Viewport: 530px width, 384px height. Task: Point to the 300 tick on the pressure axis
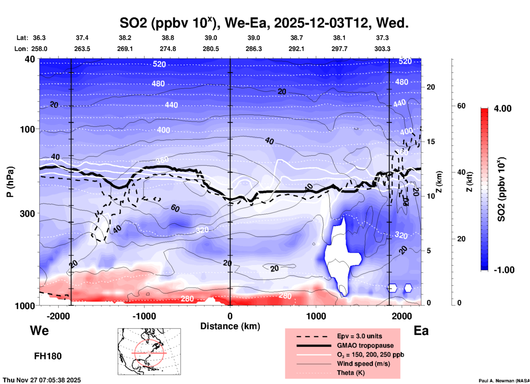pyautogui.click(x=27, y=213)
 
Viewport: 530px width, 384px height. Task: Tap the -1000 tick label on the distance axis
pyautogui.click(x=144, y=316)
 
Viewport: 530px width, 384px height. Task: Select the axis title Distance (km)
pyautogui.click(x=230, y=326)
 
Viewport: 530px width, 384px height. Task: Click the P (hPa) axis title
pyautogui.click(x=10, y=182)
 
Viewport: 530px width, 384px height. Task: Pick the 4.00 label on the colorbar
pyautogui.click(x=502, y=109)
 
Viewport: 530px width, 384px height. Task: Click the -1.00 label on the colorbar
pyautogui.click(x=504, y=270)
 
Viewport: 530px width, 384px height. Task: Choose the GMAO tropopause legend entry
pyautogui.click(x=365, y=345)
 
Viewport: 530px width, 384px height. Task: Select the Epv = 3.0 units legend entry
pyautogui.click(x=359, y=336)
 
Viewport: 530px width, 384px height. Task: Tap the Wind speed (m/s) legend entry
pyautogui.click(x=363, y=364)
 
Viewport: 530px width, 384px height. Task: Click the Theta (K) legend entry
pyautogui.click(x=351, y=373)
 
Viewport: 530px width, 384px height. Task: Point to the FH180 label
pyautogui.click(x=48, y=356)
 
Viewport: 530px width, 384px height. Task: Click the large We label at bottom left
pyautogui.click(x=39, y=331)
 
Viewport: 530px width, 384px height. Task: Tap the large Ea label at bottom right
pyautogui.click(x=421, y=331)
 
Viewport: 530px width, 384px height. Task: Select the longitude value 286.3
pyautogui.click(x=253, y=49)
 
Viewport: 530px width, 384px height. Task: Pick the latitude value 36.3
pyautogui.click(x=39, y=38)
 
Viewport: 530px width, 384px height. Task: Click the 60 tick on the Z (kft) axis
pyautogui.click(x=461, y=106)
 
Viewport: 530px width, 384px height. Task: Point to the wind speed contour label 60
pyautogui.click(x=175, y=208)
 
